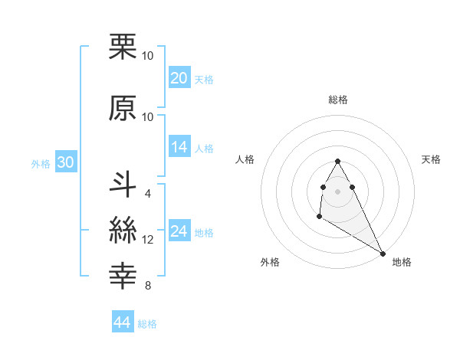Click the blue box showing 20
(179, 78)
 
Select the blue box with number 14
(179, 147)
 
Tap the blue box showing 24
(179, 231)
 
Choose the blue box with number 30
(64, 162)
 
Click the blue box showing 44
(122, 322)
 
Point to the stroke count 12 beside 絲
(148, 240)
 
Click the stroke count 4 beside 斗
(147, 193)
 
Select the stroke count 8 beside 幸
(147, 286)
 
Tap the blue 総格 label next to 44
(147, 324)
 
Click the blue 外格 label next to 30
(40, 163)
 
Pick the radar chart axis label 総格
(338, 100)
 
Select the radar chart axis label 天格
(431, 159)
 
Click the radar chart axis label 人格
(245, 159)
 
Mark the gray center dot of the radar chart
(338, 190)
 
